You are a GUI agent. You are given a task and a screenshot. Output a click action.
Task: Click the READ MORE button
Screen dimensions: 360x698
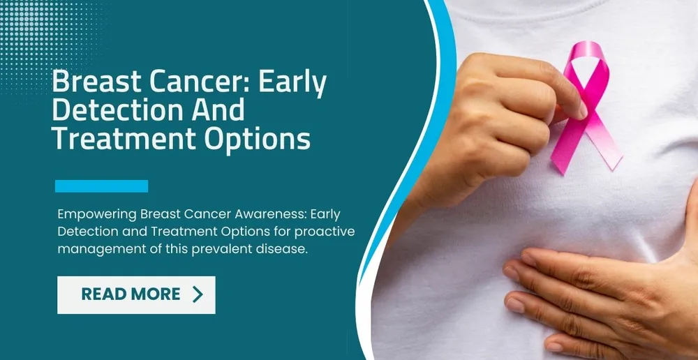pyautogui.click(x=136, y=294)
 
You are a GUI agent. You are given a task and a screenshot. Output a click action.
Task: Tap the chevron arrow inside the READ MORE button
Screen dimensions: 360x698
pyautogui.click(x=198, y=294)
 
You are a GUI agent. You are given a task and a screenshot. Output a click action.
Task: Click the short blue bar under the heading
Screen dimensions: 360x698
pyautogui.click(x=101, y=186)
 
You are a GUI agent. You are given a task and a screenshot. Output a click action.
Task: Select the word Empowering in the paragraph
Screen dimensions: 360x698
pyautogui.click(x=96, y=213)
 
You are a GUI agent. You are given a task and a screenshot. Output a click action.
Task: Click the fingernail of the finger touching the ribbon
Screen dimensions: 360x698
pyautogui.click(x=581, y=110)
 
